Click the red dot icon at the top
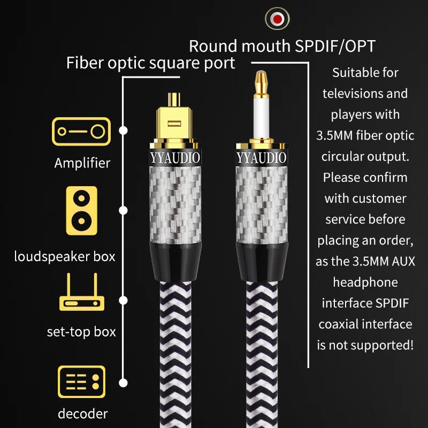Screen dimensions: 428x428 [x=277, y=19]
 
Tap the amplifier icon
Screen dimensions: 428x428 [x=81, y=131]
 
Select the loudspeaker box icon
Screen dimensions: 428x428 [x=81, y=211]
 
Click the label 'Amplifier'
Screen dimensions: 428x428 [x=82, y=163]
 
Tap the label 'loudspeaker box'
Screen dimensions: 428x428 [x=65, y=256]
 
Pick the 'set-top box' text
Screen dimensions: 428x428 [x=81, y=332]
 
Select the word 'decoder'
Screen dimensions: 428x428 [x=83, y=414]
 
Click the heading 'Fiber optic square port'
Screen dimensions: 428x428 [x=150, y=63]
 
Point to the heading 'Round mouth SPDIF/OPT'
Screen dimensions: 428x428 [x=282, y=47]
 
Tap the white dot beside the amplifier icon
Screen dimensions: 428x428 [x=124, y=131]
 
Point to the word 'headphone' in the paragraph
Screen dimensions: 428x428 [x=365, y=282]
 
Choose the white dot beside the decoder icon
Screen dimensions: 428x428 [x=124, y=383]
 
